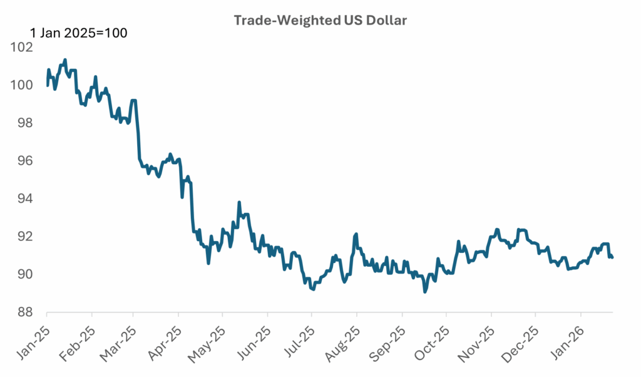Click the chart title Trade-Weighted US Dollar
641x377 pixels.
point(320,20)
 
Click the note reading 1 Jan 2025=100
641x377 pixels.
point(79,33)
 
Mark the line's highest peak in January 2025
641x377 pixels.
point(65,60)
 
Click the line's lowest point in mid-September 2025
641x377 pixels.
point(425,292)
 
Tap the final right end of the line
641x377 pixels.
point(612,257)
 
